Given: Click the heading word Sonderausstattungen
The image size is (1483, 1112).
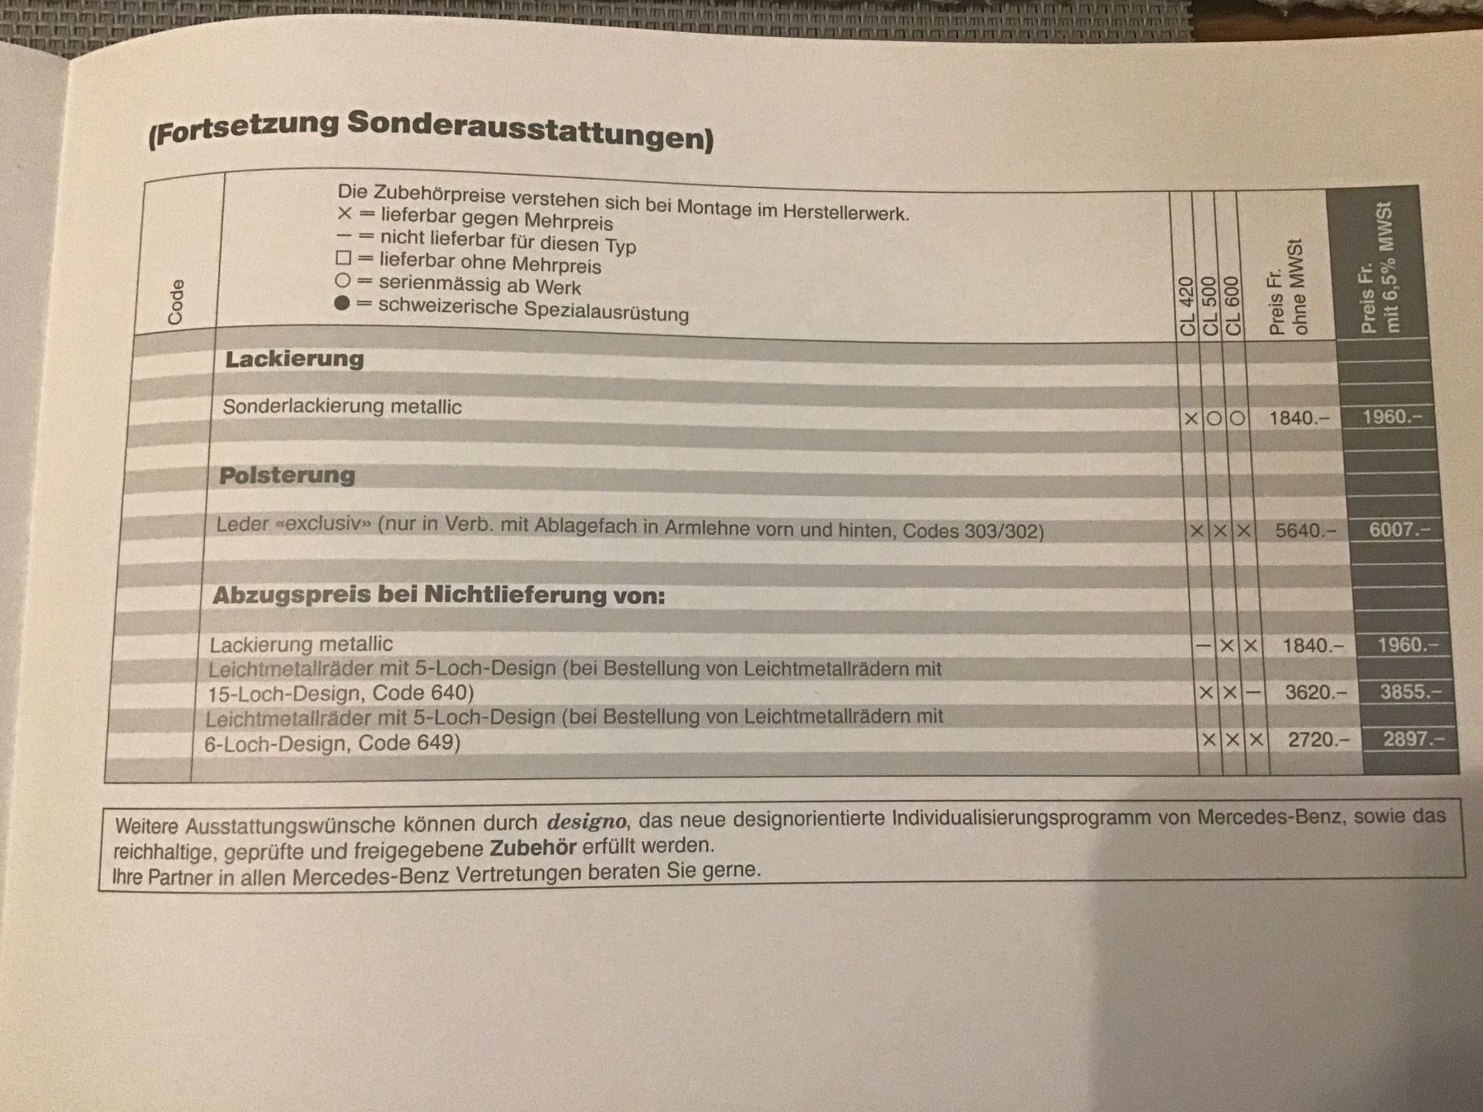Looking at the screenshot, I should (530, 129).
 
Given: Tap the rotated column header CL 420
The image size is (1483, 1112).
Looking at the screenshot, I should (1187, 306).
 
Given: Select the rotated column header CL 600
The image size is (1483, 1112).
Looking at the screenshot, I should (1233, 306).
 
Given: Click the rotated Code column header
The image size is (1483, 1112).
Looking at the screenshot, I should (175, 301).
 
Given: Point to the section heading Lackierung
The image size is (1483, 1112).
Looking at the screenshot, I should (294, 359).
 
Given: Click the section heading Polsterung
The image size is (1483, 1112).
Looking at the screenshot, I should (287, 475).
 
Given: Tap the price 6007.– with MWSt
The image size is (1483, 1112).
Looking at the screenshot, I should (1399, 530).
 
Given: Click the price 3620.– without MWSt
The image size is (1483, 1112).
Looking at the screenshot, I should (1316, 693).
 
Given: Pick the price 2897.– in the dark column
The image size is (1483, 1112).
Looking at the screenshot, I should (1413, 739).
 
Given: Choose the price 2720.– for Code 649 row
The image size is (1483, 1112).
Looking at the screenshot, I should (1318, 740).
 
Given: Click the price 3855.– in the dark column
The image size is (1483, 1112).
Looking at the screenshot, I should (1410, 692).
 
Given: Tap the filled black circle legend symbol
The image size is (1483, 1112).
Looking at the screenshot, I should (342, 303).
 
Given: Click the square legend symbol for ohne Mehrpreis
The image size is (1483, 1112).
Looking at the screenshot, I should (344, 259).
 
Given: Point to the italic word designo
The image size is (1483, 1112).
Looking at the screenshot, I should (586, 821).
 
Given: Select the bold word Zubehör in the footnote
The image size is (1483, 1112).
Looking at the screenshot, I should (533, 848).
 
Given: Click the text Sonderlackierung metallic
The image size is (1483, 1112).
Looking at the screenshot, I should (342, 407).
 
